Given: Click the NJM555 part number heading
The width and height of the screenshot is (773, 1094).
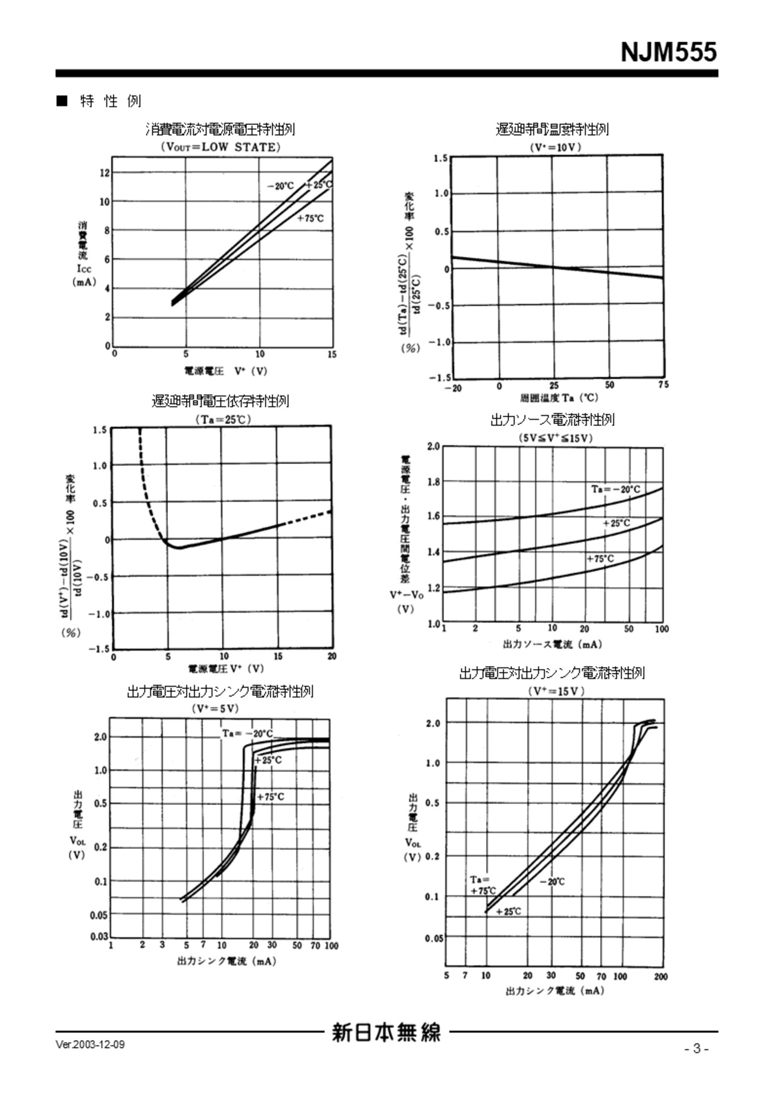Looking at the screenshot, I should pyautogui.click(x=669, y=52).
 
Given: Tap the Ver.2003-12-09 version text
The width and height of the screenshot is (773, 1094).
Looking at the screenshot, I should pyautogui.click(x=90, y=1045).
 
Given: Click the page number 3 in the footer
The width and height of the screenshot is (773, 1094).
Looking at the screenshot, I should pyautogui.click(x=697, y=1049).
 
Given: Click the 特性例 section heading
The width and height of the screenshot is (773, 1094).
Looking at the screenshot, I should pyautogui.click(x=111, y=101).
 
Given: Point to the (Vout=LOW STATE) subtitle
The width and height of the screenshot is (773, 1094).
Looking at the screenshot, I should pyautogui.click(x=220, y=147).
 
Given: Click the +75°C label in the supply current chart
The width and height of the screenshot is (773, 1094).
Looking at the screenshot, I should pyautogui.click(x=310, y=218).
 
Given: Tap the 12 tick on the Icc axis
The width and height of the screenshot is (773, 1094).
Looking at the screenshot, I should pyautogui.click(x=104, y=173).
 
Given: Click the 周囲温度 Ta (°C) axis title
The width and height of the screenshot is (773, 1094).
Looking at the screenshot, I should pyautogui.click(x=559, y=398).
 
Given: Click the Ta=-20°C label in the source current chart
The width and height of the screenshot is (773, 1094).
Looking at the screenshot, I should pyautogui.click(x=615, y=489).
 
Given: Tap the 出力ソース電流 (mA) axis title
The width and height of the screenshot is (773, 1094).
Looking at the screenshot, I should pyautogui.click(x=552, y=644).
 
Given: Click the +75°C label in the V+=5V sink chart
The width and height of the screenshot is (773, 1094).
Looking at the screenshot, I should pyautogui.click(x=271, y=797).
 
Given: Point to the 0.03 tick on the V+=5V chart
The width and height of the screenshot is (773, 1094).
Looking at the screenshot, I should pyautogui.click(x=99, y=937).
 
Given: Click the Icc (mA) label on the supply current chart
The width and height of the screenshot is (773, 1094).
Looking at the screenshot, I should pyautogui.click(x=83, y=275).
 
